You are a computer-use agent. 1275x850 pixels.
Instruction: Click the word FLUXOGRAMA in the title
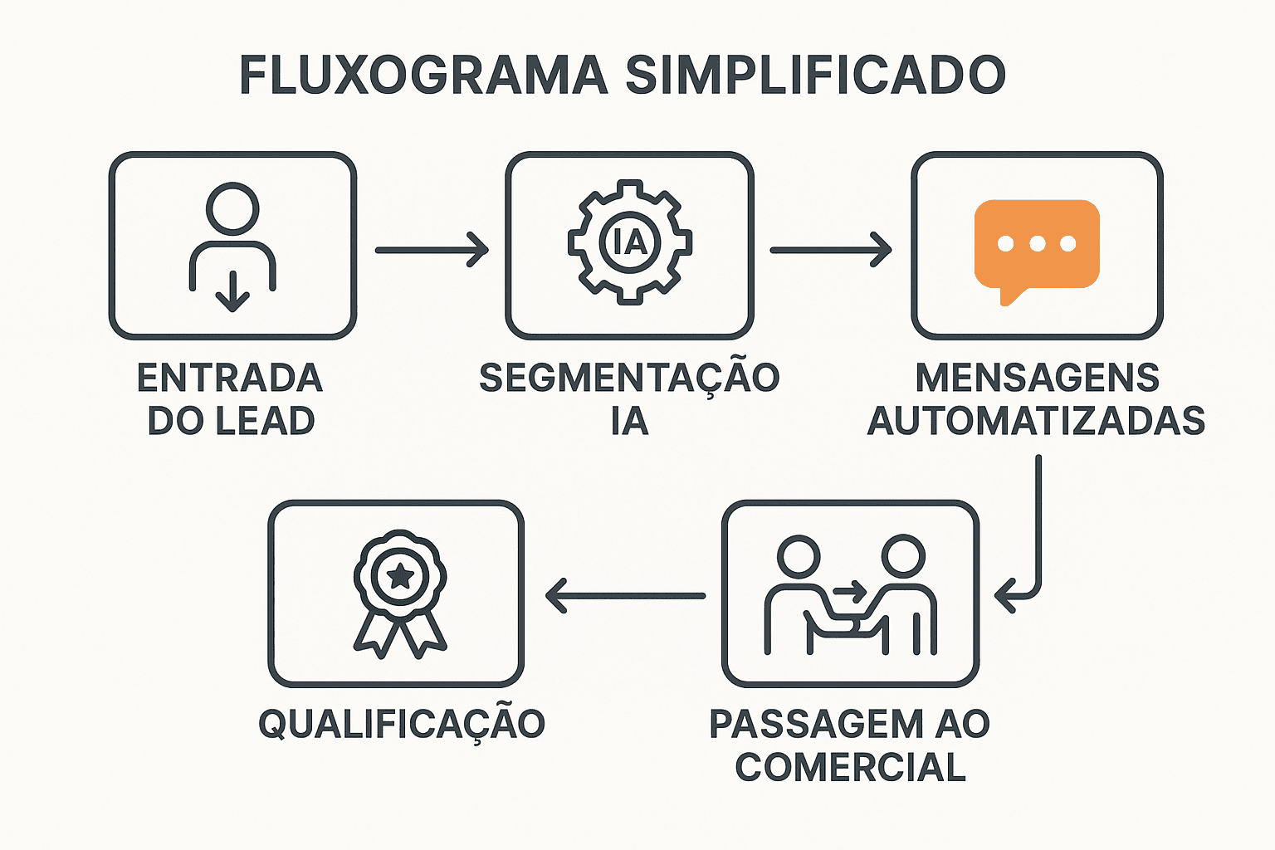point(423,76)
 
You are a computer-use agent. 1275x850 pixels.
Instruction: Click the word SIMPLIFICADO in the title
point(815,76)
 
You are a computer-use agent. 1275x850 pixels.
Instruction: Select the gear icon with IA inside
point(630,242)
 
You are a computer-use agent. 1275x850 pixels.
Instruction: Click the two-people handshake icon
point(850,594)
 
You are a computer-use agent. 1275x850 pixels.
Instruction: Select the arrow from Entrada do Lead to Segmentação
point(432,250)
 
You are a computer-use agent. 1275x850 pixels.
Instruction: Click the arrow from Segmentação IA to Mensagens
point(830,250)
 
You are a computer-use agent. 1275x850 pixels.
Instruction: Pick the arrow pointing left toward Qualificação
point(625,595)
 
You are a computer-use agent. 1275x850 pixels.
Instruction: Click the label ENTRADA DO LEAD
point(231,399)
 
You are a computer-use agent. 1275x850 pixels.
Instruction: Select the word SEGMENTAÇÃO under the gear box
point(629,379)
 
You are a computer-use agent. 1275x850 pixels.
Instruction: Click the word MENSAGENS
point(1037,379)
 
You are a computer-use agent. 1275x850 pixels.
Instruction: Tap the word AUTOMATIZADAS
point(1037,421)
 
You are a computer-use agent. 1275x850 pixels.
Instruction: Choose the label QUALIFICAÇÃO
point(402,724)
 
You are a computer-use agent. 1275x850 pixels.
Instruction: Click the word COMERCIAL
point(850,767)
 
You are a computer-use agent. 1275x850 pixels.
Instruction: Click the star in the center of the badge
point(401,575)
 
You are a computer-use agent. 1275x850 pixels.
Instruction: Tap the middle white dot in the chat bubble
point(1037,243)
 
